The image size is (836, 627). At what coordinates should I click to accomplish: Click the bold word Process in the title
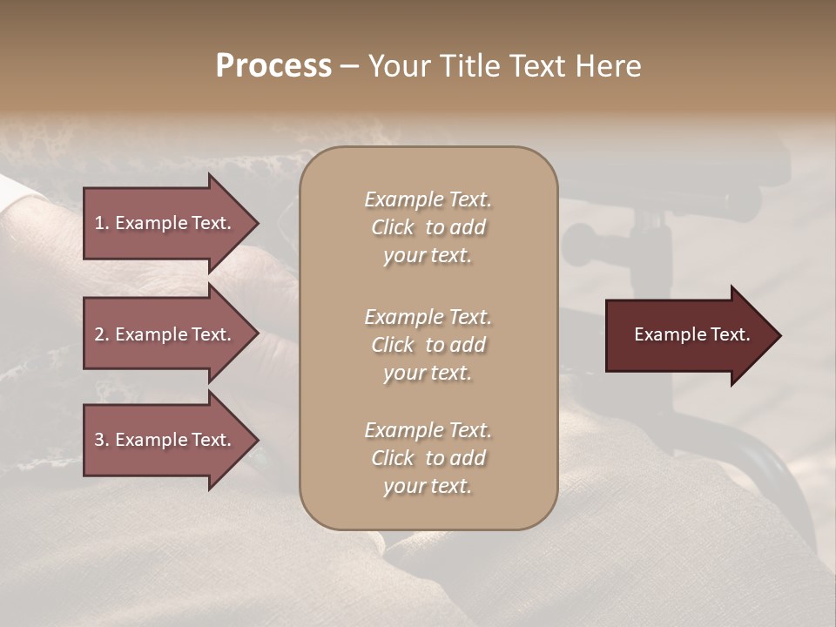point(273,66)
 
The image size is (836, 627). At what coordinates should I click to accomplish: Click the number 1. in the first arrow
point(102,223)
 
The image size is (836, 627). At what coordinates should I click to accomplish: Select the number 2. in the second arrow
point(102,334)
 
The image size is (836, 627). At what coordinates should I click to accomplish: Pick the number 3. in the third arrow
point(102,440)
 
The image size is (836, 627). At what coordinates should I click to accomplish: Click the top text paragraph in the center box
point(428,227)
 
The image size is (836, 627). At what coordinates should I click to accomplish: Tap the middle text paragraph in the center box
point(428,345)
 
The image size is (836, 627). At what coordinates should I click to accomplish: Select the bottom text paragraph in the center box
point(428,458)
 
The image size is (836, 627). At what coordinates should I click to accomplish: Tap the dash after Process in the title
point(349,67)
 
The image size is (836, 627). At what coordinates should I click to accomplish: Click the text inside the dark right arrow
point(691,334)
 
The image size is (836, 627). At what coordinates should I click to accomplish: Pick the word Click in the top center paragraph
point(392,227)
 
